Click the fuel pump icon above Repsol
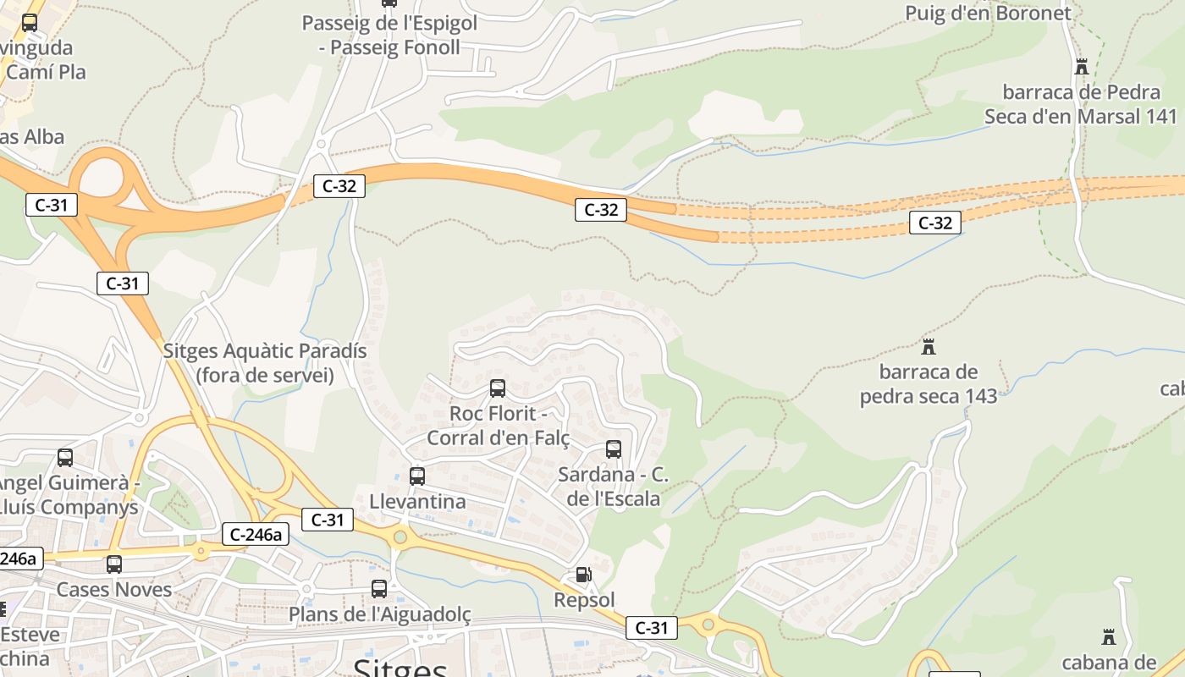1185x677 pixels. pyautogui.click(x=583, y=575)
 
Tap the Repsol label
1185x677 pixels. pyautogui.click(x=584, y=600)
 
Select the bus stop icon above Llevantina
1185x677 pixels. pyautogui.click(x=416, y=476)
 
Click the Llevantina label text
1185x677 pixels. pyautogui.click(x=417, y=502)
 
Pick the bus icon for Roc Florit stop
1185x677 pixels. pyautogui.click(x=498, y=388)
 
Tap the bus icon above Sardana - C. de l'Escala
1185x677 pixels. pyautogui.click(x=614, y=449)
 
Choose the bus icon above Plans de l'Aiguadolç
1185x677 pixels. pyautogui.click(x=379, y=588)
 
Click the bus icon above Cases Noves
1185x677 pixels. pyautogui.click(x=114, y=564)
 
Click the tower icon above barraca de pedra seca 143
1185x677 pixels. pyautogui.click(x=929, y=346)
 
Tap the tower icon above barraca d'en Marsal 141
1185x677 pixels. pyautogui.click(x=1081, y=66)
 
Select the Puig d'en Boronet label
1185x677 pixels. pyautogui.click(x=988, y=13)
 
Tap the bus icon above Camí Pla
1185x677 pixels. pyautogui.click(x=30, y=23)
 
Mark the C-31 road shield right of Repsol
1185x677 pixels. pyautogui.click(x=652, y=628)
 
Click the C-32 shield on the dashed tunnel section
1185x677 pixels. pyautogui.click(x=935, y=223)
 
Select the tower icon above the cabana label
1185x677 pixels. pyautogui.click(x=1108, y=636)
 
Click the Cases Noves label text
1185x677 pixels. pyautogui.click(x=114, y=589)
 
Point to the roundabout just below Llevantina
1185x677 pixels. pyautogui.click(x=400, y=536)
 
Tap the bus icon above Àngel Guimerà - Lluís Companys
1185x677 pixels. pyautogui.click(x=65, y=458)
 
